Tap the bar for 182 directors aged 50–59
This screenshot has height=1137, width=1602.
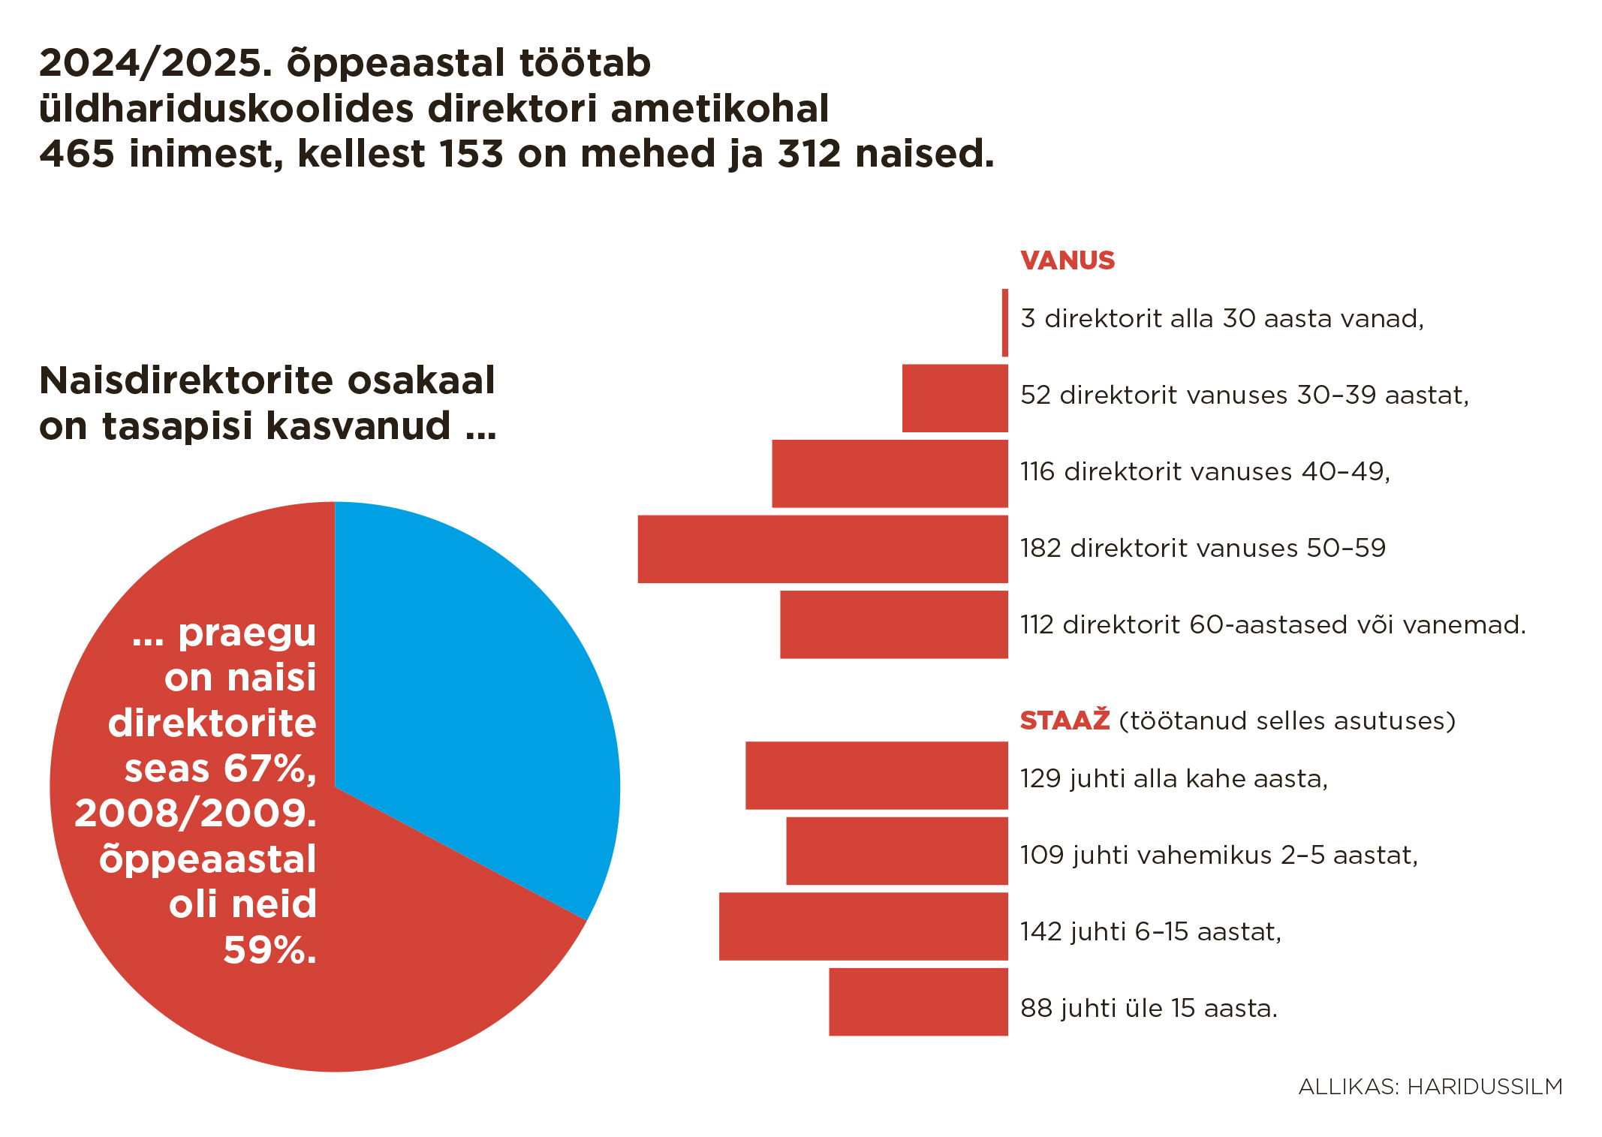pos(822,549)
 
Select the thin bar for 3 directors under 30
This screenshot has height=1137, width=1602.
pos(1005,323)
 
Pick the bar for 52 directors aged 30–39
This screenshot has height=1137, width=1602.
pos(954,398)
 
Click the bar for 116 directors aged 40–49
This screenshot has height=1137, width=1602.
pos(890,474)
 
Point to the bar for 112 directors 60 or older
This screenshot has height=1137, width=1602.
pos(893,624)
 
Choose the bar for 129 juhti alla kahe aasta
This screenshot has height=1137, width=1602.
pos(876,775)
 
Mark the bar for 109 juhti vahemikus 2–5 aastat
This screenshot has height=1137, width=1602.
pos(896,851)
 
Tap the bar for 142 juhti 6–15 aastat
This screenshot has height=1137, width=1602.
pos(863,926)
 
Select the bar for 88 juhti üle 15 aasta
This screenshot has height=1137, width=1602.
pos(918,1002)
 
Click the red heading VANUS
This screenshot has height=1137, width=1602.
pos(1067,260)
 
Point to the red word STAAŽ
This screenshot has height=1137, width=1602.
pos(1064,720)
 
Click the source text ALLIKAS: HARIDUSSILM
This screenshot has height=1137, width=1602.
pos(1430,1087)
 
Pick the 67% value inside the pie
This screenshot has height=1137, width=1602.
pos(269,769)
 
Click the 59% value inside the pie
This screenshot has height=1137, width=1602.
pos(269,950)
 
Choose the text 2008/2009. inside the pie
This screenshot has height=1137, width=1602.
pos(195,814)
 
